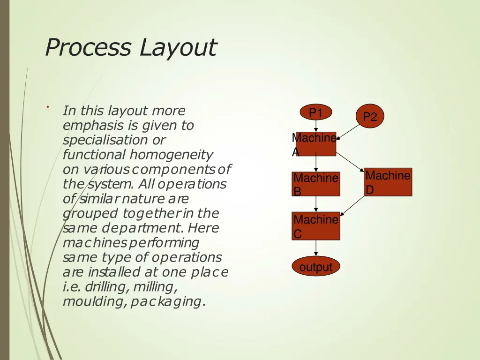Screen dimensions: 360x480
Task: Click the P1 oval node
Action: pyautogui.click(x=316, y=113)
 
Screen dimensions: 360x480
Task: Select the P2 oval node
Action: pyautogui.click(x=370, y=116)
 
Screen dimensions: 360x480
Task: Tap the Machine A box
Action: pyautogui.click(x=315, y=144)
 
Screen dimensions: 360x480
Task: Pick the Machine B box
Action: pyautogui.click(x=315, y=184)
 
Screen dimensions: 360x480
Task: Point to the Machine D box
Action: pyautogui.click(x=388, y=182)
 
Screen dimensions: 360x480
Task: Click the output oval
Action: pyautogui.click(x=316, y=268)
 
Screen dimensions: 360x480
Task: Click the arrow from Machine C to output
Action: pyautogui.click(x=316, y=248)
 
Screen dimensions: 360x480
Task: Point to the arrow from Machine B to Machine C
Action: pyautogui.click(x=316, y=203)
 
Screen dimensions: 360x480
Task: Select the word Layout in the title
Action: pyautogui.click(x=178, y=47)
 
